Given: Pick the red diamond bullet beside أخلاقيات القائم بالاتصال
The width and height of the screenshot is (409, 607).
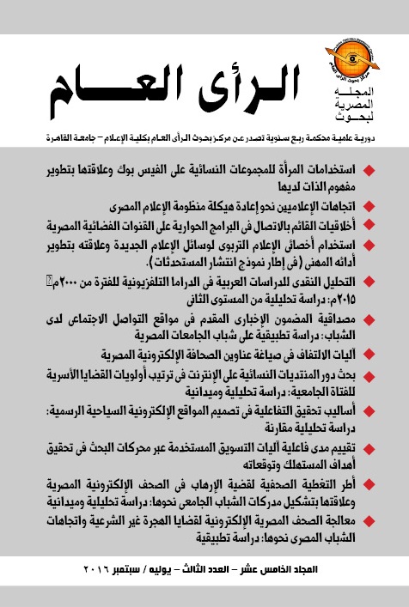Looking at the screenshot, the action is click(x=388, y=228).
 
